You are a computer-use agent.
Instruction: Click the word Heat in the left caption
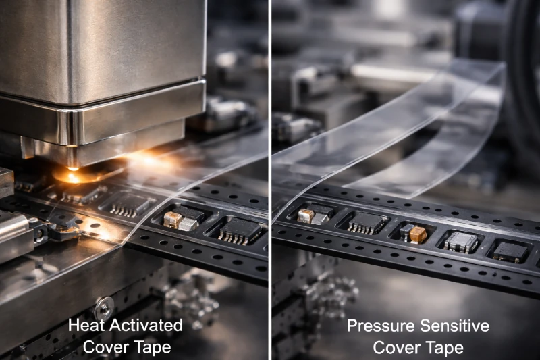point(86,326)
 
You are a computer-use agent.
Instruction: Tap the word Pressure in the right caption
point(378,326)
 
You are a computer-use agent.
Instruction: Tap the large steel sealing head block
point(101,61)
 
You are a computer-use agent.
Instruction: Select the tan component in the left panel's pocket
point(173,220)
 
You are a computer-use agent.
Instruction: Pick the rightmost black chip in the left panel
point(238,231)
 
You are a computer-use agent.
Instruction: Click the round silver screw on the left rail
point(104,308)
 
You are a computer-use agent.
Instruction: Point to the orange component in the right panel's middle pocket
point(418,234)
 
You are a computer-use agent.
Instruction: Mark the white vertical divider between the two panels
point(270,180)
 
